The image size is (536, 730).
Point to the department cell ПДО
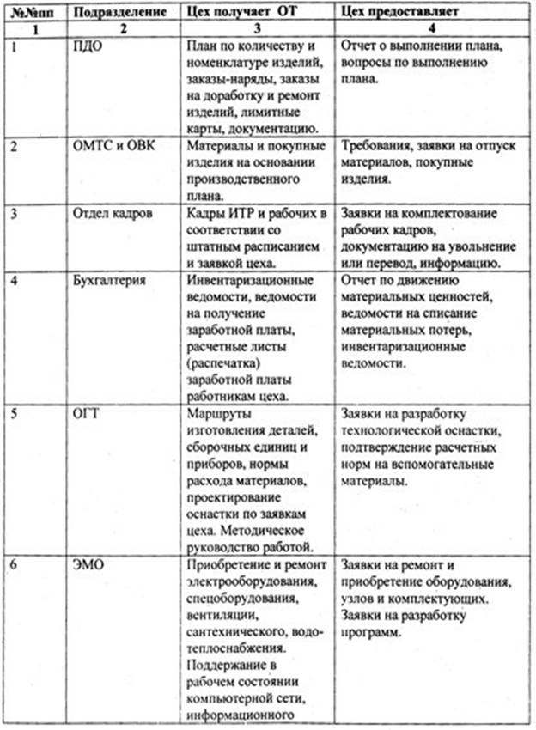88,46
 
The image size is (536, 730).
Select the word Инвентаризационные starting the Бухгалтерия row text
243,280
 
